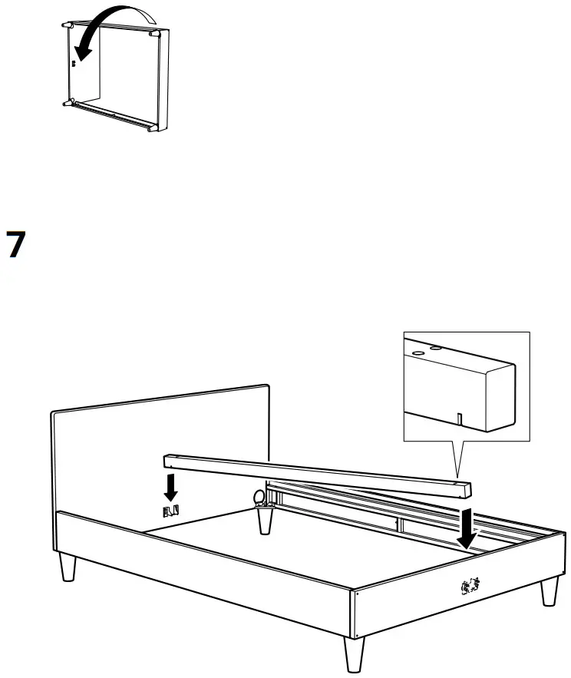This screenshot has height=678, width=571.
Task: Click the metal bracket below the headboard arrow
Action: click(x=172, y=510)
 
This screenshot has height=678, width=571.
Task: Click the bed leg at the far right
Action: click(x=549, y=592)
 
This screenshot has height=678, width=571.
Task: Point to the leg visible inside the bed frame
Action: click(x=266, y=521)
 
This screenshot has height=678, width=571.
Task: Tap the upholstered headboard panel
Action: click(x=161, y=445)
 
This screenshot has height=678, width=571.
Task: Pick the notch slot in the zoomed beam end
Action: click(x=458, y=418)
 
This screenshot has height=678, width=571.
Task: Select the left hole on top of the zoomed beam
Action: click(x=419, y=353)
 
